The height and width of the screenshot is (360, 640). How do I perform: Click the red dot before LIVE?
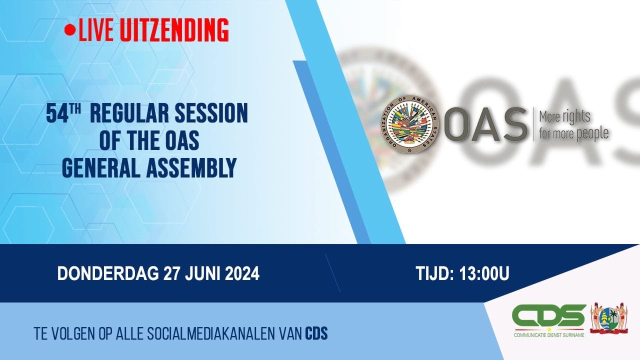70,30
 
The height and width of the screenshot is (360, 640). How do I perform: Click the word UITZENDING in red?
174,30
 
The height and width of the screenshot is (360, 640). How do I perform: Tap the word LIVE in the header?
97,30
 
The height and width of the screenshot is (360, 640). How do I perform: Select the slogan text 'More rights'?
564,117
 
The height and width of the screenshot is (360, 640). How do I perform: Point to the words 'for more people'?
573,133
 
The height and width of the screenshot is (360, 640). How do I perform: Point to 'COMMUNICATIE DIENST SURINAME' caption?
549,334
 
